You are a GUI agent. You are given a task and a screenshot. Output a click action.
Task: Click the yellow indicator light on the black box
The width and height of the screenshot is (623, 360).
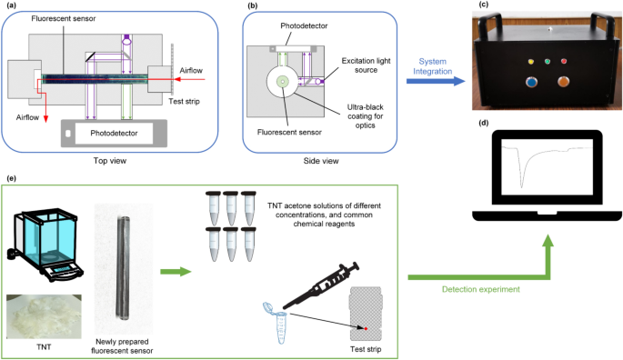(531, 62)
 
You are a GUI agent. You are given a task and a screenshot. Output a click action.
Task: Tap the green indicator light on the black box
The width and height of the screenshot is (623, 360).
(548, 62)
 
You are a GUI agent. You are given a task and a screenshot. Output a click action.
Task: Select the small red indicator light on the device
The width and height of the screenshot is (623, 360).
(563, 61)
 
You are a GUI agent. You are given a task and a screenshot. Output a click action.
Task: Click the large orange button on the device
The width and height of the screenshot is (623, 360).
(563, 82)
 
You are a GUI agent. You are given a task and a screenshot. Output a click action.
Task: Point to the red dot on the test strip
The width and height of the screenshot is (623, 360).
(366, 328)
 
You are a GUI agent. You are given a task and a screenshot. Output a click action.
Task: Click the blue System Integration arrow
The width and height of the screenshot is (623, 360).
(436, 81)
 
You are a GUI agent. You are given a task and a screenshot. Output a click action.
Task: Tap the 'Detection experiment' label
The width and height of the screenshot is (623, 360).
(481, 289)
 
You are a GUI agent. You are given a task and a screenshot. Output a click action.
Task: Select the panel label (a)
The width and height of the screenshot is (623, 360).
(12, 5)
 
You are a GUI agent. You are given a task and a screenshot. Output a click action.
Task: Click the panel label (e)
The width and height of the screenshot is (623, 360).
(12, 178)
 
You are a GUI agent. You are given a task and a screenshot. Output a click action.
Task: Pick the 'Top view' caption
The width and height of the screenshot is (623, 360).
(110, 161)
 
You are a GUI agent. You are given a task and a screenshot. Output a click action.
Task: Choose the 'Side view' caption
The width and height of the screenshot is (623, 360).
(321, 161)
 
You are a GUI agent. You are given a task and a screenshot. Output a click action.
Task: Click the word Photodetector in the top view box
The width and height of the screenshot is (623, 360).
(114, 133)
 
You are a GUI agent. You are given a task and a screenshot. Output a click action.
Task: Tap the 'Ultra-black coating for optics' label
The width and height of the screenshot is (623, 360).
(365, 116)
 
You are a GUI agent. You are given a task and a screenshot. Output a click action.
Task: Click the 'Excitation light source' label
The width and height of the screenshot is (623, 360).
(366, 65)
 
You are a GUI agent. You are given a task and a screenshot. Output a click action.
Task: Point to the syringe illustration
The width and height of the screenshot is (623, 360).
(321, 285)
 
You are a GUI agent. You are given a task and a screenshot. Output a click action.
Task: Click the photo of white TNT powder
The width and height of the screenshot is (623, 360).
(44, 316)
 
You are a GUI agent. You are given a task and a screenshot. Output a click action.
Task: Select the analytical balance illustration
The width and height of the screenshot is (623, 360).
(45, 245)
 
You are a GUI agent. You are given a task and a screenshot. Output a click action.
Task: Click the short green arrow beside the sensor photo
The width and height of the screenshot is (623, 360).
(176, 272)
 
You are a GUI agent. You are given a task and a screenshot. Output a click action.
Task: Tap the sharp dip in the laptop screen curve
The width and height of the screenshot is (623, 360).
(522, 185)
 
